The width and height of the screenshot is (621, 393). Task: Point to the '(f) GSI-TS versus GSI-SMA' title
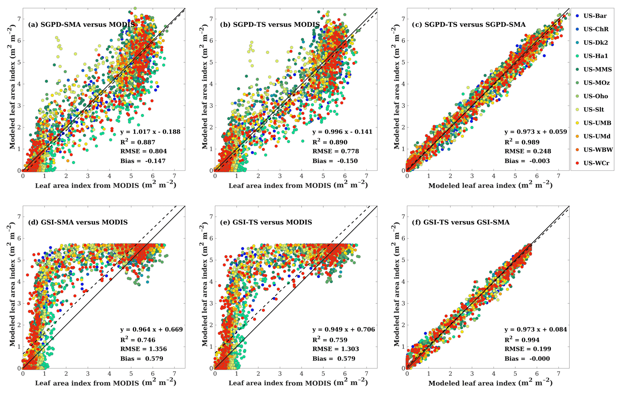click(466, 222)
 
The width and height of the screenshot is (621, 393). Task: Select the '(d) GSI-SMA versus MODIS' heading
click(78, 222)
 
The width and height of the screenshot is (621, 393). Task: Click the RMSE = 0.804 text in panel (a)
click(144, 151)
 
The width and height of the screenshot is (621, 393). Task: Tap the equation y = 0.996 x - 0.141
click(342, 132)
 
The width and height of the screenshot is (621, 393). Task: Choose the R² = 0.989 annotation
click(522, 142)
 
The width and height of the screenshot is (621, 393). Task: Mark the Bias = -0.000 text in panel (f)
click(527, 358)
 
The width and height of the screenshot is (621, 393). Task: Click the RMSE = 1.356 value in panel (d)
click(144, 349)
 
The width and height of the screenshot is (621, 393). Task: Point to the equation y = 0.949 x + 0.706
click(344, 329)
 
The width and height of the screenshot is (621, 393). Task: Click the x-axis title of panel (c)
click(490, 186)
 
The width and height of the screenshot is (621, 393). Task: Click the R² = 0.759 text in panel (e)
click(330, 340)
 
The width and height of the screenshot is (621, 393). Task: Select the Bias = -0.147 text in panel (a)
click(143, 161)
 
